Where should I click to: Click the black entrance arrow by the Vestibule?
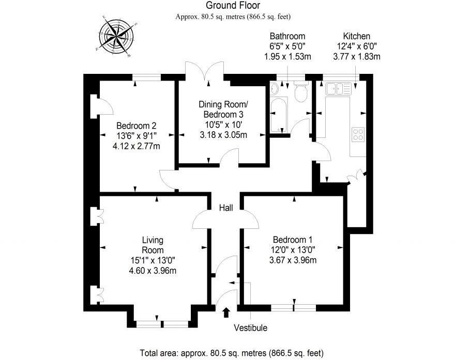click(226, 312)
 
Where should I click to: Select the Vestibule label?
click(251, 327)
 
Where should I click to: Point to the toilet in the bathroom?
click(300, 93)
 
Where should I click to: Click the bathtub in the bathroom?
click(278, 113)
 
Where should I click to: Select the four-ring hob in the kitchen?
click(358, 134)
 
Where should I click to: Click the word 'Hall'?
click(225, 208)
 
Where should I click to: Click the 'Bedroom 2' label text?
click(136, 126)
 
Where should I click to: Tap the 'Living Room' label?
click(153, 245)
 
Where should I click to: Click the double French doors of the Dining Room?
click(205, 73)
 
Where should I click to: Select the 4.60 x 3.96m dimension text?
click(153, 270)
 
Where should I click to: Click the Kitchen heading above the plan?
click(356, 36)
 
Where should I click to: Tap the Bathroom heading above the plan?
click(287, 36)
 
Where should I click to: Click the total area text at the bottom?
click(232, 353)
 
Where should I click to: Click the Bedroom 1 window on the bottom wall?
click(293, 307)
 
